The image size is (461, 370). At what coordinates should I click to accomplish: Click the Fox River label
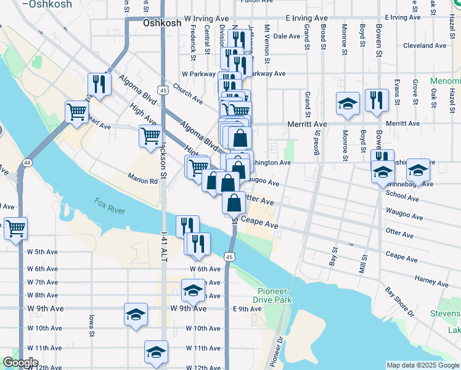[x=110, y=206]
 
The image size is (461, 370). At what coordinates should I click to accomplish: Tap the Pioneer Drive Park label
[x=275, y=295]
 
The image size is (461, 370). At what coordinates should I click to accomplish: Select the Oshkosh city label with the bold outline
[x=162, y=23]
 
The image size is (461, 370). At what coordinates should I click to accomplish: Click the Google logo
[x=20, y=363]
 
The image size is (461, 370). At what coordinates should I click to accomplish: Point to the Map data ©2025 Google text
[x=422, y=365]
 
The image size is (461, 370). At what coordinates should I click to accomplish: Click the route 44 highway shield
[x=27, y=162]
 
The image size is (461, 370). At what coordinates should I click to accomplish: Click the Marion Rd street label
[x=143, y=181]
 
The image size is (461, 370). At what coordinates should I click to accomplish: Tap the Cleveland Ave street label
[x=424, y=46]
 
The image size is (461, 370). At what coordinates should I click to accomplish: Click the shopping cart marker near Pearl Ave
[x=77, y=112]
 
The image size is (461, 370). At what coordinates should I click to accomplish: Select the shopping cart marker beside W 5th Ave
[x=16, y=228]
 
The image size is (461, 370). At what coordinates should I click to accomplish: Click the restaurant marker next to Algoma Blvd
[x=99, y=84]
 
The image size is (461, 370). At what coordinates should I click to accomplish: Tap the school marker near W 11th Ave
[x=157, y=352]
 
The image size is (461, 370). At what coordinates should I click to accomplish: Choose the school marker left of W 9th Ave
[x=136, y=314]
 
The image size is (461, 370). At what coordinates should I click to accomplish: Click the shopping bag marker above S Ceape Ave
[x=234, y=202]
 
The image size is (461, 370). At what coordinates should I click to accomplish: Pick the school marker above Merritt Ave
[x=348, y=103]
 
